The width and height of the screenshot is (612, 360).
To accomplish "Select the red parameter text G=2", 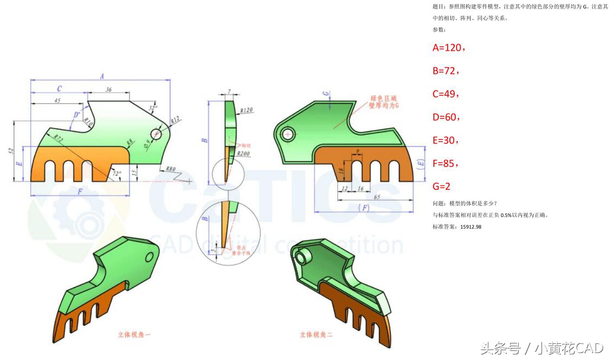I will (x=441, y=187).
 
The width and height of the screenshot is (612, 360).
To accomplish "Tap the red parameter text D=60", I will (x=446, y=117).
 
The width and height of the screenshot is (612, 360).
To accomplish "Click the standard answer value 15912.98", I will (x=471, y=227).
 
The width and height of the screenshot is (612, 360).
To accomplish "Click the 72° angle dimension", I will (x=117, y=174).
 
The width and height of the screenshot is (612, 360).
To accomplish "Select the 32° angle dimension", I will (x=153, y=108).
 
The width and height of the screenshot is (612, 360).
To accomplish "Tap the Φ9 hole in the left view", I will (x=156, y=134).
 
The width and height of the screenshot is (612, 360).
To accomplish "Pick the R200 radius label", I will (x=243, y=154).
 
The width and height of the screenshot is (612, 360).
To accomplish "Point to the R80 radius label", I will (x=171, y=169).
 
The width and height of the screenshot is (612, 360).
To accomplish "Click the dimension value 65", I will (x=377, y=196).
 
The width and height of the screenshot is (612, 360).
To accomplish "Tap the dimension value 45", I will (x=57, y=101).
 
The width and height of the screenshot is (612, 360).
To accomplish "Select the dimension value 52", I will (x=11, y=151).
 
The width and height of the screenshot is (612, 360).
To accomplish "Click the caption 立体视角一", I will (x=135, y=334).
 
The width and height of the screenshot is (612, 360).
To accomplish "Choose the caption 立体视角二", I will (x=316, y=334).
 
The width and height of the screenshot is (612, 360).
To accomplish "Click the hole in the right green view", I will (x=287, y=134).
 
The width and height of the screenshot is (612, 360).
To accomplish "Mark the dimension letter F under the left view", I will (x=80, y=192).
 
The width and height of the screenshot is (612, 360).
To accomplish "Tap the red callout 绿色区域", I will (x=383, y=98).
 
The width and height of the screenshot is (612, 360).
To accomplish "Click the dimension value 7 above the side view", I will (x=229, y=92).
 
